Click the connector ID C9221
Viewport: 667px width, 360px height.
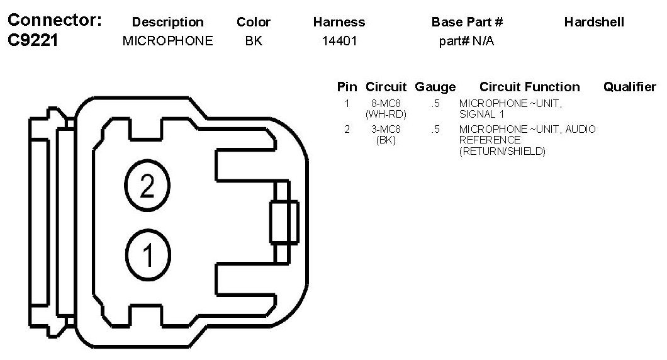[x=33, y=41]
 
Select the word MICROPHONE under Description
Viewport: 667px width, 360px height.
[x=168, y=42]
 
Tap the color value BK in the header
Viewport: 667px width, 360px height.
[x=254, y=42]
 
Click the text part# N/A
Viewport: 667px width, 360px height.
[x=466, y=42]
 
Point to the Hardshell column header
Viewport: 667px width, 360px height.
[x=594, y=22]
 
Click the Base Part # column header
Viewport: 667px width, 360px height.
[x=467, y=22]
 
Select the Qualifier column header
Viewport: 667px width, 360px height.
[x=629, y=87]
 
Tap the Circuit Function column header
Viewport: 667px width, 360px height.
[x=529, y=87]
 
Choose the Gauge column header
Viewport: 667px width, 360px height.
[x=435, y=87]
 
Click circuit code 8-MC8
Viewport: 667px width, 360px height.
[x=386, y=103]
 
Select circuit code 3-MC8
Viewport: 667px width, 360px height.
[x=386, y=130]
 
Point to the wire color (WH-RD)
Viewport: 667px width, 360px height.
[x=386, y=114]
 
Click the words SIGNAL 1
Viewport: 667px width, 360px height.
[x=482, y=114]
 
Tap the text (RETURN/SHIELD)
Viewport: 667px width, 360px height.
[x=502, y=151]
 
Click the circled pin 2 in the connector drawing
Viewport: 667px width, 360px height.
[x=147, y=186]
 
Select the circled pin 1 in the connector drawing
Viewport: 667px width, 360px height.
[x=148, y=255]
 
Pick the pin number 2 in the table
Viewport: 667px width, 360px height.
[x=347, y=130]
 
